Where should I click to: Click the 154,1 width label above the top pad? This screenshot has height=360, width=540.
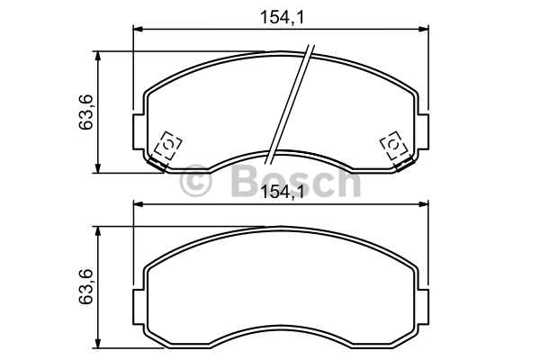tap(283, 17)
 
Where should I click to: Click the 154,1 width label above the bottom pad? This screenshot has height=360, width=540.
tap(283, 192)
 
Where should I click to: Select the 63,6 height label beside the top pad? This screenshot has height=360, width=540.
tap(86, 112)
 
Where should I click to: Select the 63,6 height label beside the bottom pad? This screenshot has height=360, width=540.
tap(86, 286)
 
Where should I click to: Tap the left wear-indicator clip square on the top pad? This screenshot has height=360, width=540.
tap(168, 145)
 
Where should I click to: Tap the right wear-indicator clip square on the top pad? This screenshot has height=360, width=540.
tap(393, 145)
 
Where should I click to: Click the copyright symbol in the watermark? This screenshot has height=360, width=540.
tap(195, 180)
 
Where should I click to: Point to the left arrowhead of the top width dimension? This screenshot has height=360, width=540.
tap(138, 29)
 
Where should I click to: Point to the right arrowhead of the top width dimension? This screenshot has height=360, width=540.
tap(424, 29)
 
